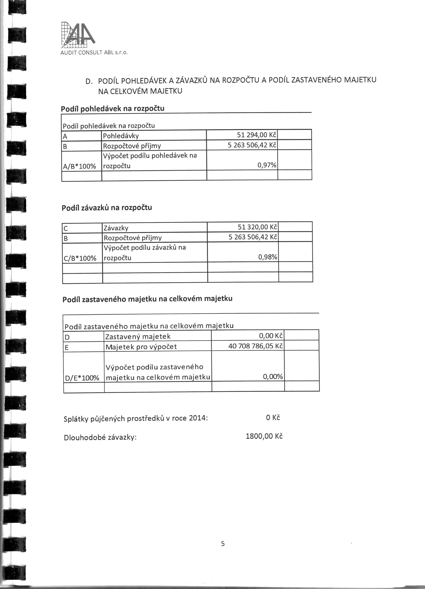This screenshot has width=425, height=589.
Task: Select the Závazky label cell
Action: [116, 228]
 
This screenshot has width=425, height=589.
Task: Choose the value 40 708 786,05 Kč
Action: [256, 346]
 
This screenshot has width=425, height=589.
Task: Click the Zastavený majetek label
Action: [138, 337]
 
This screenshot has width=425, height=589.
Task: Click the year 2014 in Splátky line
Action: [197, 419]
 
